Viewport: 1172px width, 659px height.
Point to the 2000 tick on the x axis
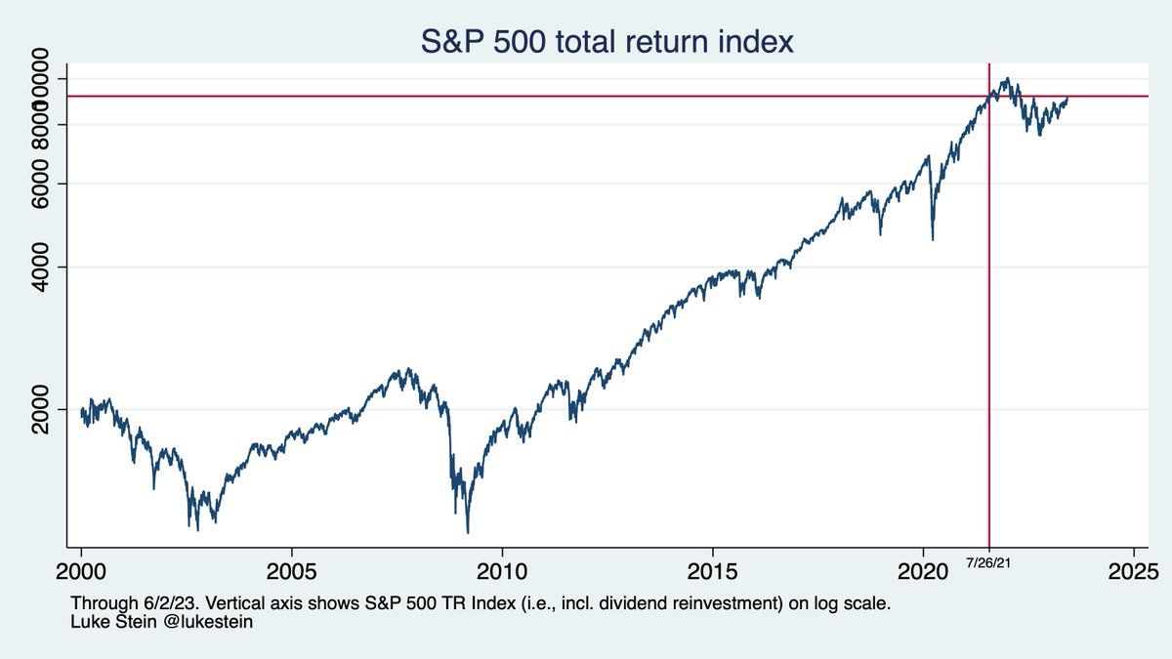pyautogui.click(x=81, y=569)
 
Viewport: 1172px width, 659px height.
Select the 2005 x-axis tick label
pyautogui.click(x=291, y=569)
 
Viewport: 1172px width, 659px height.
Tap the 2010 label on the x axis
pyautogui.click(x=502, y=569)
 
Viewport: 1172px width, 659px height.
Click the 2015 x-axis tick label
pyautogui.click(x=713, y=569)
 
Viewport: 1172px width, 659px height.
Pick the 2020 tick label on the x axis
pyautogui.click(x=923, y=569)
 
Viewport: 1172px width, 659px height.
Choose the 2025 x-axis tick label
pyautogui.click(x=1134, y=569)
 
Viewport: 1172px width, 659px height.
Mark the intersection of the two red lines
pyautogui.click(x=989, y=96)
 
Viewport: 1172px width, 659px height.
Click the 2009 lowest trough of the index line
pyautogui.click(x=468, y=532)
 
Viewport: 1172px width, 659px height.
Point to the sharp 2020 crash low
pyautogui.click(x=933, y=239)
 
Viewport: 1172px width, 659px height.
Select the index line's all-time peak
pyautogui.click(x=1006, y=79)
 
